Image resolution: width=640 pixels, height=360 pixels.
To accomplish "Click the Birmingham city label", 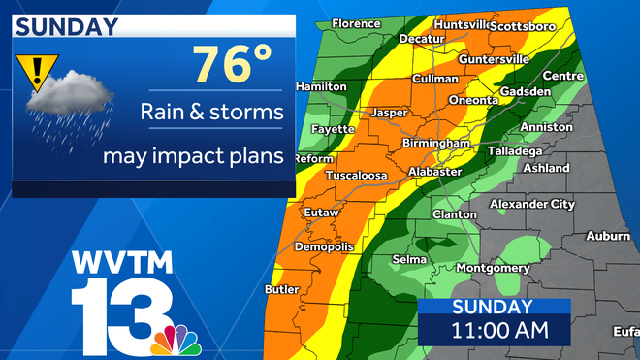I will coord(436,144).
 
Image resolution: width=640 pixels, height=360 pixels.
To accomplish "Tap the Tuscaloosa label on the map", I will coord(355,175).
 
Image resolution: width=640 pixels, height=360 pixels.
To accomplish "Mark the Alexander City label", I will coord(531,204).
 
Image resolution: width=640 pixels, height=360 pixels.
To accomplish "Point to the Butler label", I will coord(281,289).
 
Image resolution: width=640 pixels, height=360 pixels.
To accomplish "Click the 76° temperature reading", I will coord(232,65).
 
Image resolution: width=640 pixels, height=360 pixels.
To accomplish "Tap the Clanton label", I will coord(455,214).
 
